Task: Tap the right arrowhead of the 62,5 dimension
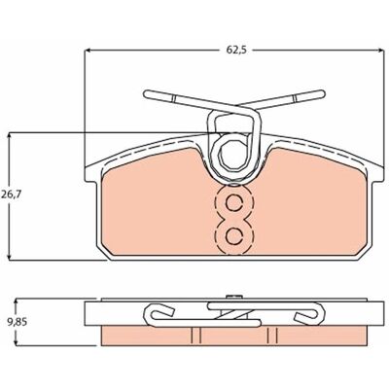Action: (380, 51)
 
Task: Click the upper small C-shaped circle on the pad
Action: (234, 203)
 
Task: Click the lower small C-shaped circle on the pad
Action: (234, 236)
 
